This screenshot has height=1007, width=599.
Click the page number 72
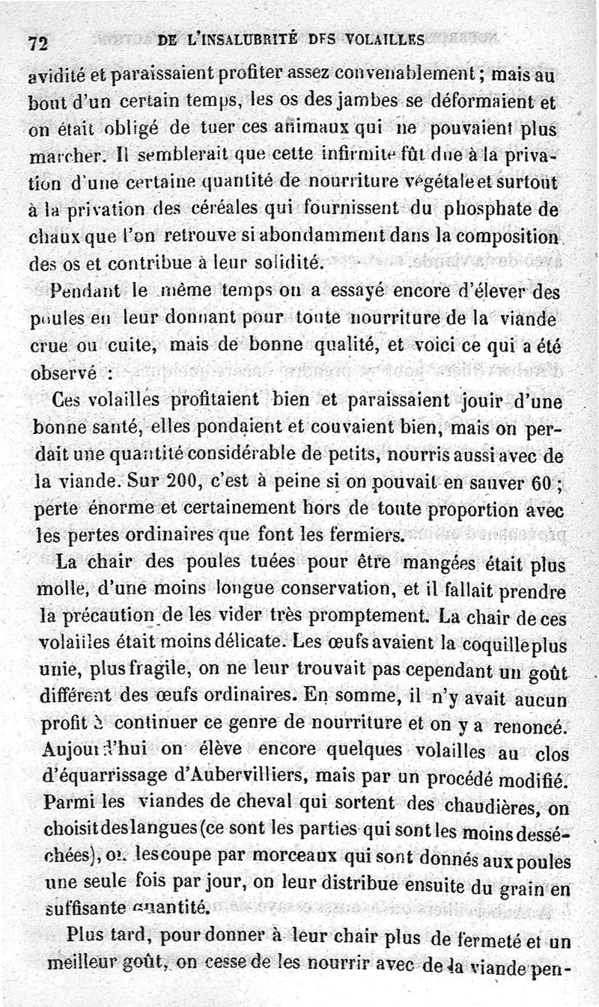click(38, 42)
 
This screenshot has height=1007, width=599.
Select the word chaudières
click(481, 806)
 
